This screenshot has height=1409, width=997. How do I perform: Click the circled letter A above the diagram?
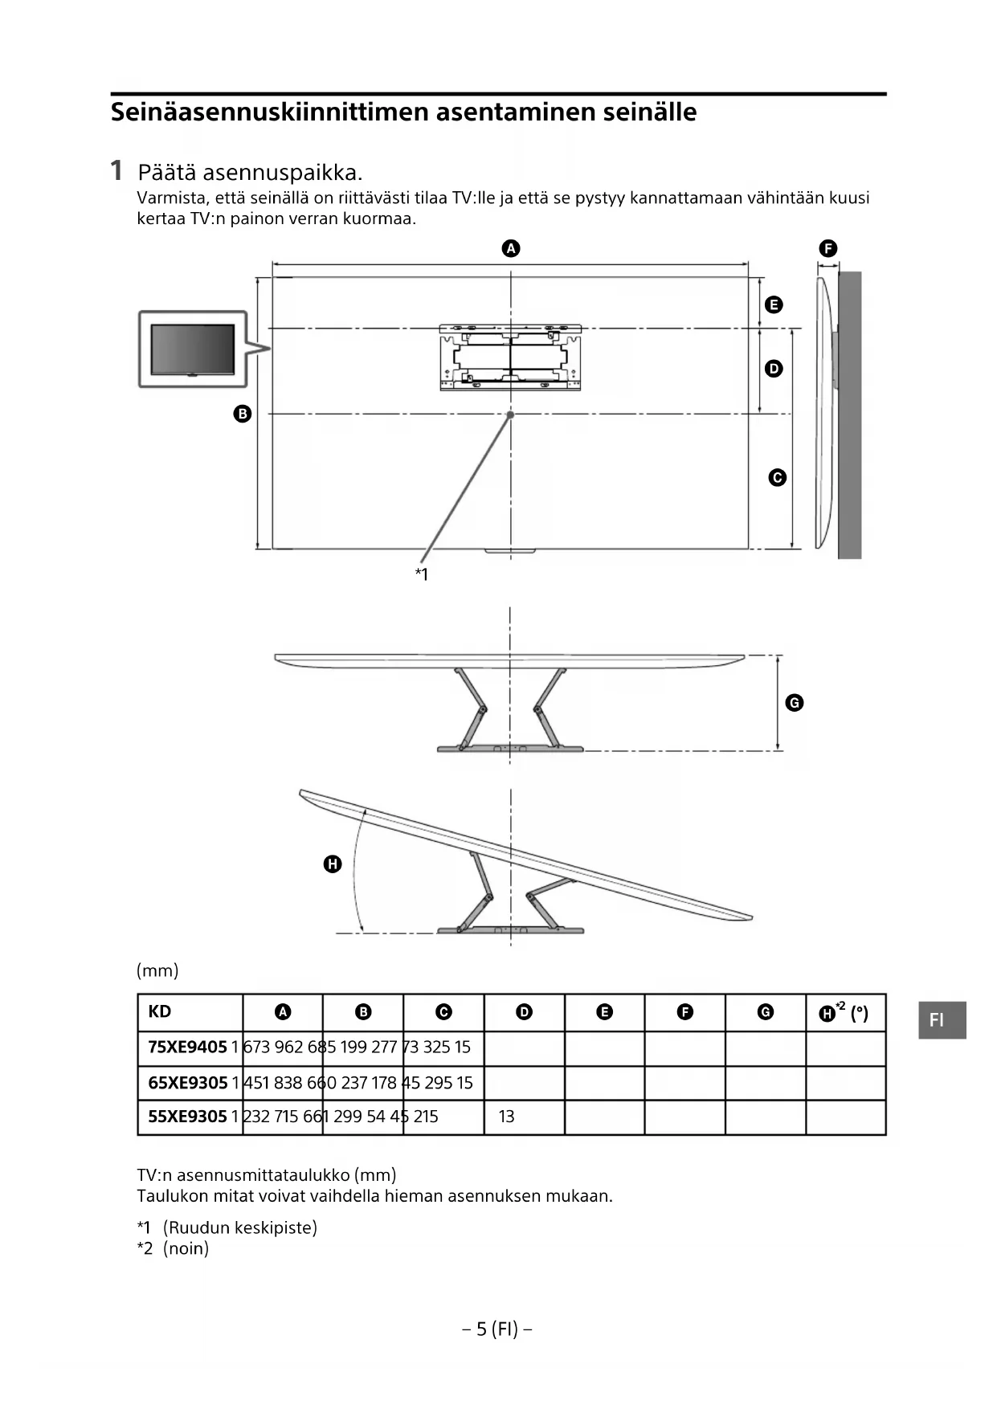tap(511, 248)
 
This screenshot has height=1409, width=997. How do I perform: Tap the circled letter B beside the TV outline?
tap(242, 414)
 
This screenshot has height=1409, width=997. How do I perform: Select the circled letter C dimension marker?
tap(777, 477)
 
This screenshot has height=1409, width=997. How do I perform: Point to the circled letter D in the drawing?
tap(773, 369)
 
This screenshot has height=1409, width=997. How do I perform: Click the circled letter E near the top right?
tap(773, 304)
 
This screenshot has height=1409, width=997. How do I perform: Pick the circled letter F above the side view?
tap(827, 248)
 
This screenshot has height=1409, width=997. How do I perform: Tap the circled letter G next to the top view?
tap(794, 703)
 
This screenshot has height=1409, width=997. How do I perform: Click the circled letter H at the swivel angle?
tap(332, 864)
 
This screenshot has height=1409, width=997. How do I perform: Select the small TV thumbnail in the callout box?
tap(193, 349)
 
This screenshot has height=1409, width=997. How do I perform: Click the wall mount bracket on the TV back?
tap(510, 357)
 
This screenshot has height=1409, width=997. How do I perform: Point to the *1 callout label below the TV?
tap(421, 574)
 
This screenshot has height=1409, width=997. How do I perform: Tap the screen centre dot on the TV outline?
tap(510, 415)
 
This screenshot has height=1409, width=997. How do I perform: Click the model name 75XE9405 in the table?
tap(187, 1048)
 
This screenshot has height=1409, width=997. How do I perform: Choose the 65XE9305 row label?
tap(187, 1083)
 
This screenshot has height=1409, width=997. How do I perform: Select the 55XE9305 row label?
tap(187, 1117)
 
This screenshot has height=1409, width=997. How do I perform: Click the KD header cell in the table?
tap(160, 1011)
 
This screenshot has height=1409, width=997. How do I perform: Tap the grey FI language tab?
tap(942, 1020)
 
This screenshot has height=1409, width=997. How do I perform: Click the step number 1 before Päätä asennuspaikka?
tap(116, 170)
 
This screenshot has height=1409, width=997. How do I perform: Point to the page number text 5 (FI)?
tap(497, 1329)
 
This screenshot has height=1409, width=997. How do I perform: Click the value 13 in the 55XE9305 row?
tap(506, 1117)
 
